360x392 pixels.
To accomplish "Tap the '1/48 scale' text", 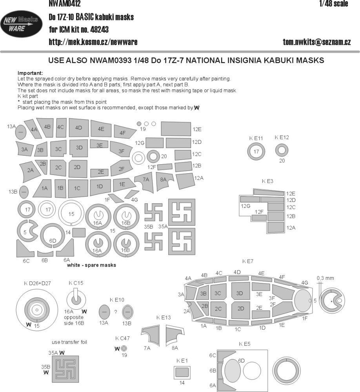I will tap(334, 4).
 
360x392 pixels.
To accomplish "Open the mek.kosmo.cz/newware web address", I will tap(93, 42).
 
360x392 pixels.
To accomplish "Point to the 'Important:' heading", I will tap(31, 73).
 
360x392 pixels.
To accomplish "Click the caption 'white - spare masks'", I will tap(92, 265).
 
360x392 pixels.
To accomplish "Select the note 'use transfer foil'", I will tap(69, 342).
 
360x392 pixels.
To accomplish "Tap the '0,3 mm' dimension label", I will tap(325, 278).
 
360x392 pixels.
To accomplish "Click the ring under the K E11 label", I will tap(256, 152).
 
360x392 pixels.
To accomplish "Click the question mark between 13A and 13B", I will tap(116, 312).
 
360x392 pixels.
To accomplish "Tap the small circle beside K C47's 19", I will tap(124, 348).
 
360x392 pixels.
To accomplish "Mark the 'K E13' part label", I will tap(164, 317).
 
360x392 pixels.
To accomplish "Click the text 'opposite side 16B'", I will tap(74, 320).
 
